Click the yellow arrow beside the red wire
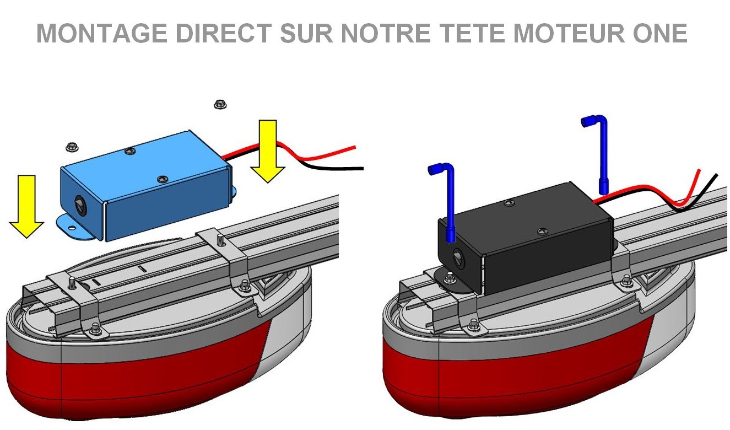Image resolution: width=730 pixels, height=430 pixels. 268,152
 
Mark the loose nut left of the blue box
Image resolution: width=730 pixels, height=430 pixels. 71,146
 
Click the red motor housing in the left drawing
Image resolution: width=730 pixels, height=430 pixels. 138,380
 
